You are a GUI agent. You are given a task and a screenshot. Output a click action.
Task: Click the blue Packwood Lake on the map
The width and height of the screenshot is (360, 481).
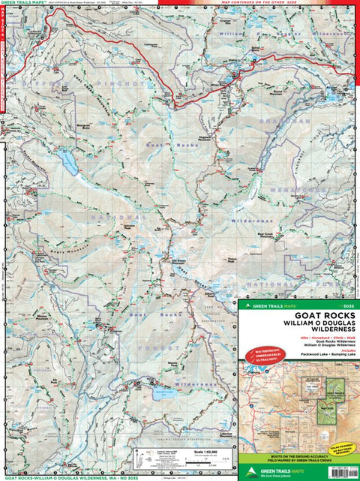pos(68,164)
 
